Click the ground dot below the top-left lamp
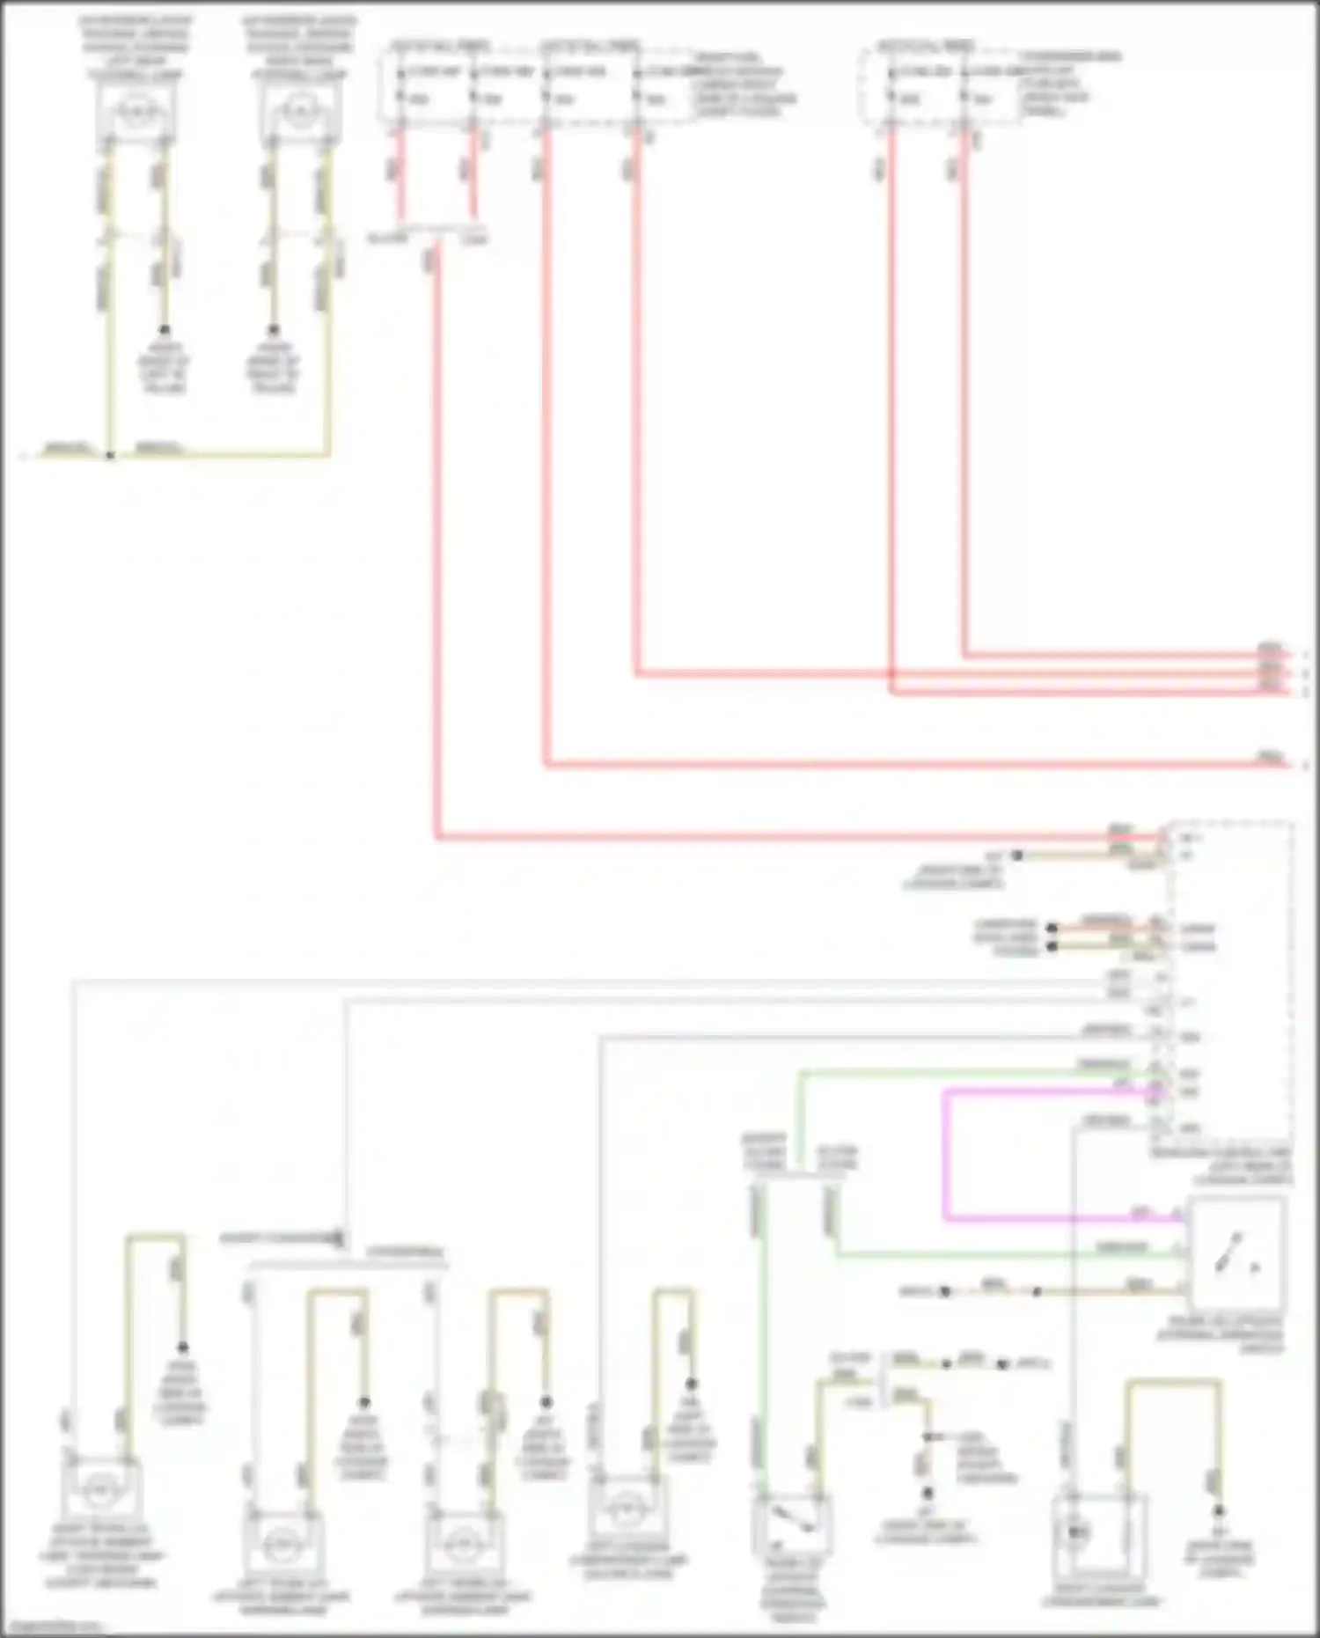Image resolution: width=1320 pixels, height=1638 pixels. pos(164,330)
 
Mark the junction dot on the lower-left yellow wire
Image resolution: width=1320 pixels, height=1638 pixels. pos(110,455)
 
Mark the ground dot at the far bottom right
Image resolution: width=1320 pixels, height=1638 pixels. pos(1219,1510)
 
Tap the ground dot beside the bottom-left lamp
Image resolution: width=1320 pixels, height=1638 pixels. pos(183,1348)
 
